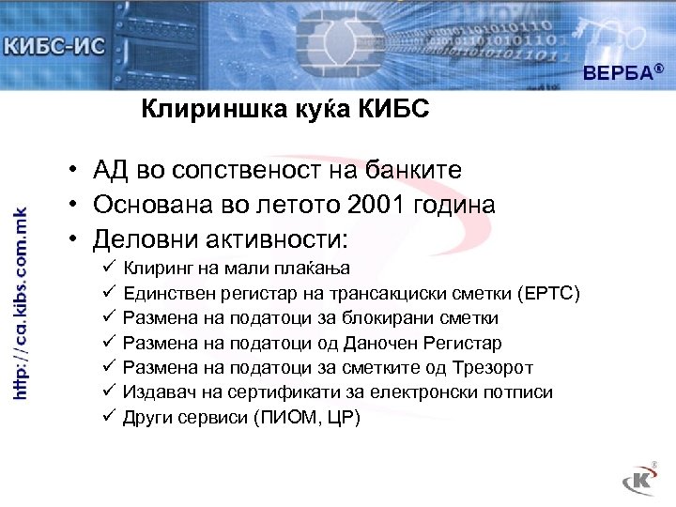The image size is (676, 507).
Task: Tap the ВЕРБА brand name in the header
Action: pyautogui.click(x=619, y=72)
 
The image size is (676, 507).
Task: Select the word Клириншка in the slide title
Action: pyautogui.click(x=196, y=111)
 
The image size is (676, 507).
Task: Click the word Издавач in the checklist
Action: pyautogui.click(x=156, y=392)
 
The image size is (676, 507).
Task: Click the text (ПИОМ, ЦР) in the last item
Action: pyautogui.click(x=307, y=417)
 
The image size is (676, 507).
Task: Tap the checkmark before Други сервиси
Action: pyautogui.click(x=109, y=416)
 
